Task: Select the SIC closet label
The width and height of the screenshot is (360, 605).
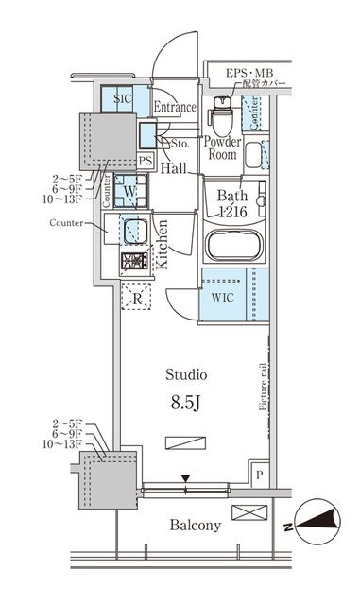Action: (123, 98)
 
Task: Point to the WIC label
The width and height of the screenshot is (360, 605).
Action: (220, 295)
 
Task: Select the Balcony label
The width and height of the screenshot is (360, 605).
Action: (195, 526)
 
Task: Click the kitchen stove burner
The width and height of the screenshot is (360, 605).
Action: (132, 261)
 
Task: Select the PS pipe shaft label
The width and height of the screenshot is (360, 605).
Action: (145, 162)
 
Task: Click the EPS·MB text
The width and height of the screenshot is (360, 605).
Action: (248, 72)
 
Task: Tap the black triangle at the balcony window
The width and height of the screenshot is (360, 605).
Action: (186, 479)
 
